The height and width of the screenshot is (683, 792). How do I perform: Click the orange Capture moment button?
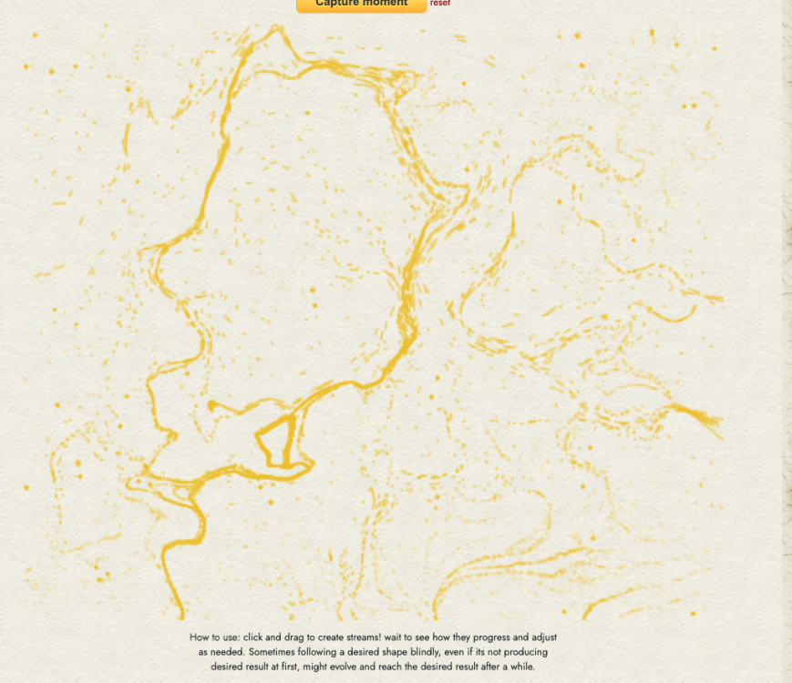point(361,5)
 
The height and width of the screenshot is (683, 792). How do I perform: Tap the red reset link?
point(440,4)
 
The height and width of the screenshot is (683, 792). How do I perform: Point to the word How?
point(200,637)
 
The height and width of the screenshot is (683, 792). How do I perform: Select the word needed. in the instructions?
point(230,652)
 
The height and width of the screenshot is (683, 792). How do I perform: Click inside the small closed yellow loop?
point(277,442)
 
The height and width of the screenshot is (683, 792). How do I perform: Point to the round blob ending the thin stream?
point(211,405)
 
